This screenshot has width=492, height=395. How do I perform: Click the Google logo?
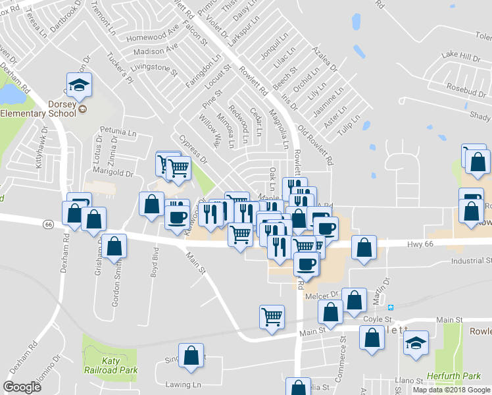point(22,386)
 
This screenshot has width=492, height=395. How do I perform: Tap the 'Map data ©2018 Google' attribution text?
point(451,390)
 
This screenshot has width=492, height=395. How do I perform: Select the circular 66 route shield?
point(47,224)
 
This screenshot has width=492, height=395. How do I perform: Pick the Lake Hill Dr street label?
point(460,57)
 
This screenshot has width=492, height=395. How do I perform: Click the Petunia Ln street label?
point(117,131)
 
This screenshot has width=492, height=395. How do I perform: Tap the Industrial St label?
point(472,261)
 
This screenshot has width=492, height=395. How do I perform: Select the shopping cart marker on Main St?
point(272,317)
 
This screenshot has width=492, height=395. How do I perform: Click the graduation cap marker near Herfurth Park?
point(416,344)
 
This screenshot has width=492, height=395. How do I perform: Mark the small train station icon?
point(391,307)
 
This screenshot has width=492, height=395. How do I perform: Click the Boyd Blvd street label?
point(155,261)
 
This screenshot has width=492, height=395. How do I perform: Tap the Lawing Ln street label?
point(184,384)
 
